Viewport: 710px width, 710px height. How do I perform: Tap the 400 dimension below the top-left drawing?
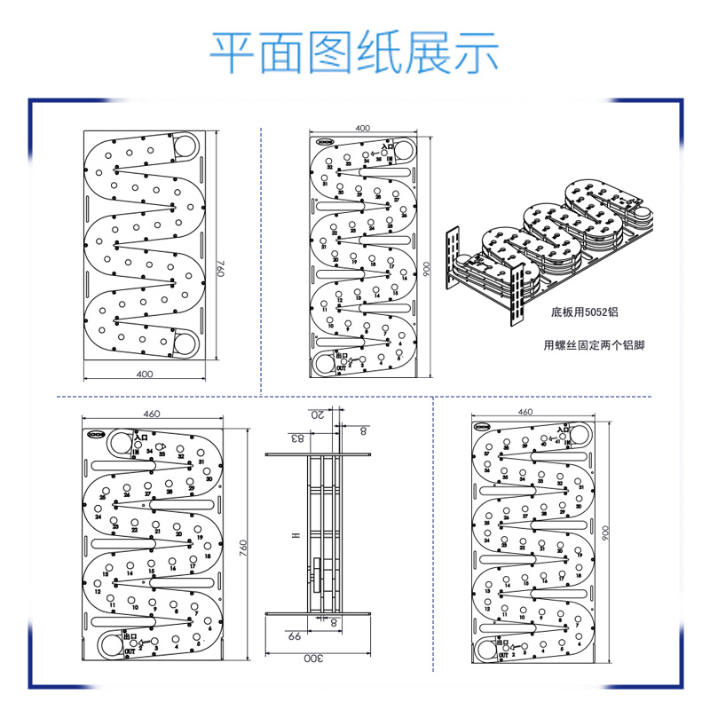click(145, 375)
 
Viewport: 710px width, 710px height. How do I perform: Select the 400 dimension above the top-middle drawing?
click(362, 128)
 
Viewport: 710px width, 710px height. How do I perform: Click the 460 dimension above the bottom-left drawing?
click(151, 414)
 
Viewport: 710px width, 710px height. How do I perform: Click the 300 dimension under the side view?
click(312, 659)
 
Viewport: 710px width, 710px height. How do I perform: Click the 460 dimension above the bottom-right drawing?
click(525, 413)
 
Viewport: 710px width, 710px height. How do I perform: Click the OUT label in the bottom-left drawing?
click(130, 651)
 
